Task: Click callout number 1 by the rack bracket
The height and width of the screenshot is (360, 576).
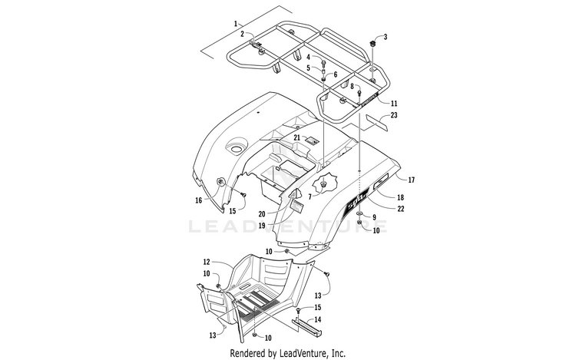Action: pyautogui.click(x=237, y=24)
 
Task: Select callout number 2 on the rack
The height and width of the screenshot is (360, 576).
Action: pyautogui.click(x=241, y=34)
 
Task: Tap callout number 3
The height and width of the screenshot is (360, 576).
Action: pyautogui.click(x=386, y=37)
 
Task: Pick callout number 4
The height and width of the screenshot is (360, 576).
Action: pyautogui.click(x=309, y=57)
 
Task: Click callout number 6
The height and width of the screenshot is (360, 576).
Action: pyautogui.click(x=335, y=74)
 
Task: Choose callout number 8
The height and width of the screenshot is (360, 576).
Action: pyautogui.click(x=353, y=87)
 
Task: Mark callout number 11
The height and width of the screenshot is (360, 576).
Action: pyautogui.click(x=394, y=104)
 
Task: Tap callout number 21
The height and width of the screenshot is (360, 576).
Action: pyautogui.click(x=297, y=137)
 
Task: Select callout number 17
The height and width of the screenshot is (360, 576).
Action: pyautogui.click(x=412, y=180)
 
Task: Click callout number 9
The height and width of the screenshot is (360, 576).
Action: pyautogui.click(x=373, y=217)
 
